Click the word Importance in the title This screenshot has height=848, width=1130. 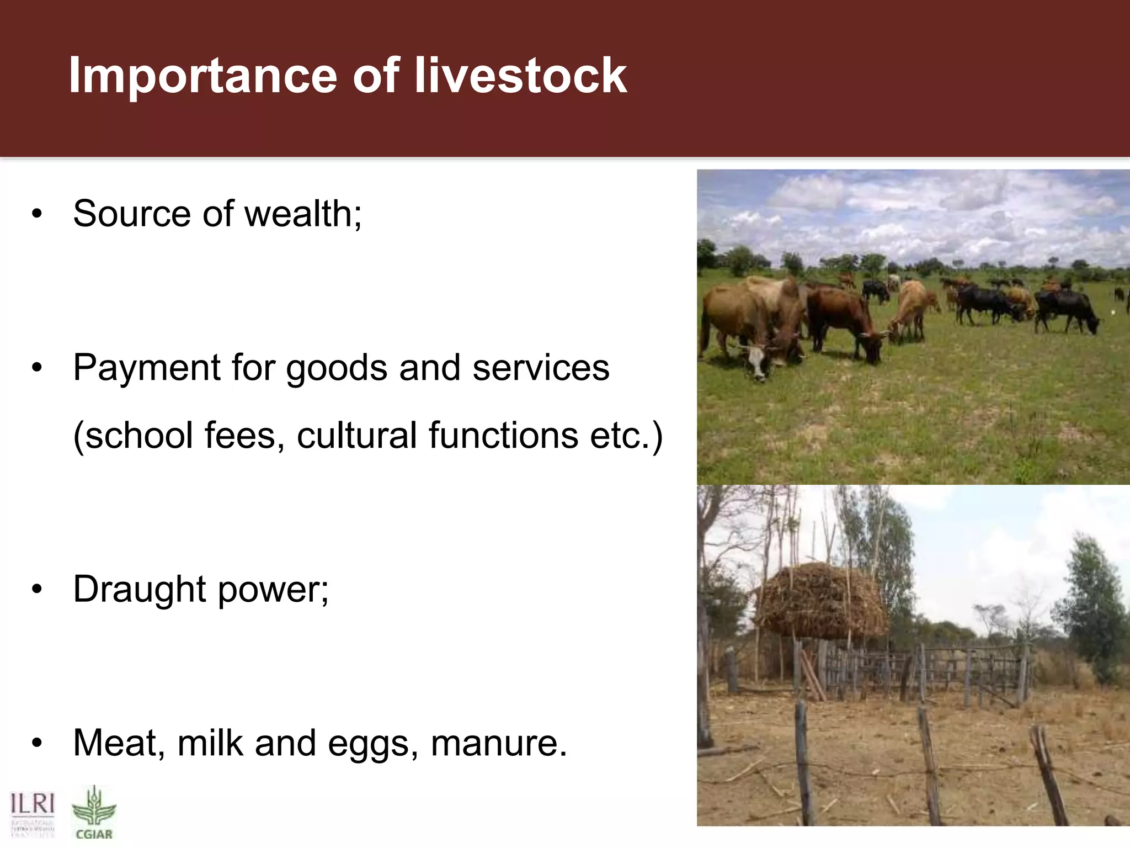point(202,76)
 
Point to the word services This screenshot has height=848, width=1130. point(541,368)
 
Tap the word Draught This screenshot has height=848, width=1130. point(139,590)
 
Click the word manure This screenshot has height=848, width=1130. point(498,743)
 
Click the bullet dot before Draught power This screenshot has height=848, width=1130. point(36,590)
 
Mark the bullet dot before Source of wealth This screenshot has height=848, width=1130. point(36,214)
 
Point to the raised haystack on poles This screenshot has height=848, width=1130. point(822,602)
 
